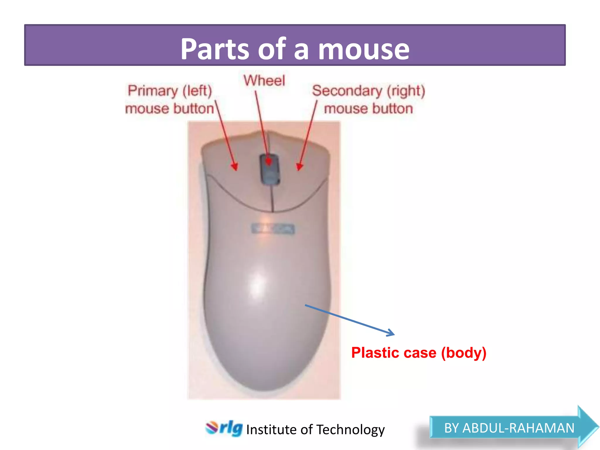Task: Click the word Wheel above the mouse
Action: [264, 81]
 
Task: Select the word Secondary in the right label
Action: [347, 91]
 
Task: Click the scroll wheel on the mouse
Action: [270, 169]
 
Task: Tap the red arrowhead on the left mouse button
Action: [234, 166]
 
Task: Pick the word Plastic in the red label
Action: [375, 352]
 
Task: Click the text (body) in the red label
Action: [464, 352]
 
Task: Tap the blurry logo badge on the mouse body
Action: [273, 229]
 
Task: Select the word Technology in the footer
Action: [350, 430]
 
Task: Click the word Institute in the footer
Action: [271, 430]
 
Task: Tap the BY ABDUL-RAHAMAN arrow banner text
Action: [509, 428]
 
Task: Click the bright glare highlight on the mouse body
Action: [257, 283]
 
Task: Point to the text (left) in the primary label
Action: [197, 91]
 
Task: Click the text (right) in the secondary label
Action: [406, 91]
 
